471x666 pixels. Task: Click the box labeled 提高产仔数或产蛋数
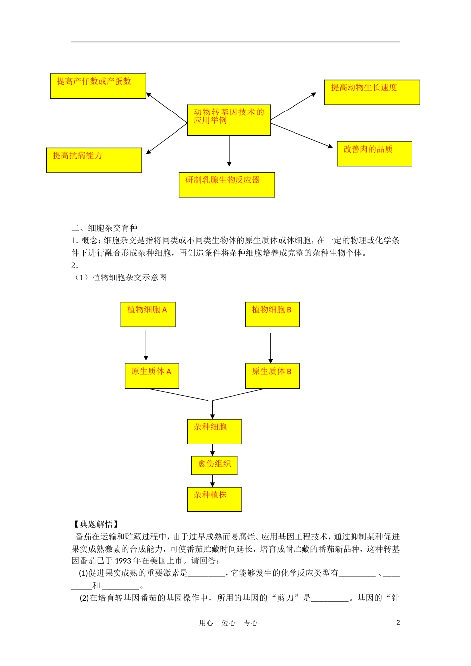click(x=98, y=86)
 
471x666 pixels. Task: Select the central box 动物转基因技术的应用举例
click(x=229, y=120)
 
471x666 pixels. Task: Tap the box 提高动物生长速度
click(x=372, y=92)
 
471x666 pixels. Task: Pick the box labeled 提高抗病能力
click(x=94, y=160)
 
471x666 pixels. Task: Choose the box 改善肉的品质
click(x=374, y=154)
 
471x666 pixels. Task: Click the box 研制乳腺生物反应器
click(x=227, y=184)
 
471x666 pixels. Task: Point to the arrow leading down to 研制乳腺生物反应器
click(x=229, y=151)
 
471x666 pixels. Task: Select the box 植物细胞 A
click(x=148, y=314)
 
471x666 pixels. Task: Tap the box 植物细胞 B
click(x=272, y=314)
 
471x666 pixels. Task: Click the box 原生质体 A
click(x=152, y=376)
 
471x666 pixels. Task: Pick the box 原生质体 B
click(x=272, y=376)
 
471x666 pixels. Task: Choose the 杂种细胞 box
click(x=214, y=431)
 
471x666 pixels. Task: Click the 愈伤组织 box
click(x=215, y=465)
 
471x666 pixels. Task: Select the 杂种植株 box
click(x=214, y=499)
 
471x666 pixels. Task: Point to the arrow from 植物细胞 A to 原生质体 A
click(x=146, y=345)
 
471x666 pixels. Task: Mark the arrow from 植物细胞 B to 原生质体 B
click(x=270, y=348)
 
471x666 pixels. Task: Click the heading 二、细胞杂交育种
click(x=105, y=228)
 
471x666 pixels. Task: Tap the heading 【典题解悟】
click(x=95, y=524)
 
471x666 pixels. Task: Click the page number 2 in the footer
click(x=398, y=623)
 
